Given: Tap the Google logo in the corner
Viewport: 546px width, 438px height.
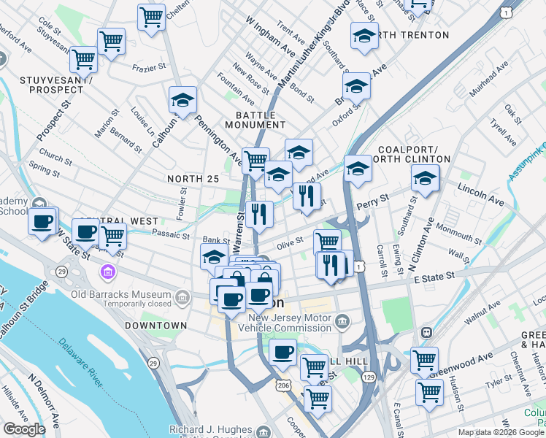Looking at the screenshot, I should [24, 429].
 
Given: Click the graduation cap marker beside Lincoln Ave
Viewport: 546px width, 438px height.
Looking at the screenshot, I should [425, 178].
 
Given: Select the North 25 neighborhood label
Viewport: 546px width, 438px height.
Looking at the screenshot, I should [193, 179].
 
